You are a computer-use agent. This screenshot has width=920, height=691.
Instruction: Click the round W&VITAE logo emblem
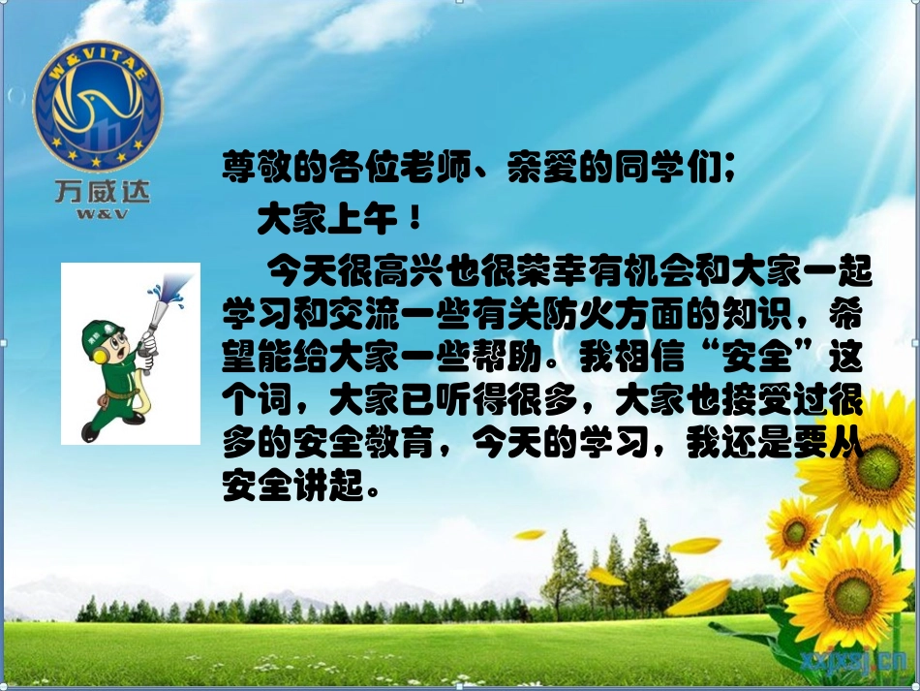pos(98,105)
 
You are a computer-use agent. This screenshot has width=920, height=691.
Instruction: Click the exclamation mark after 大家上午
pos(415,222)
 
